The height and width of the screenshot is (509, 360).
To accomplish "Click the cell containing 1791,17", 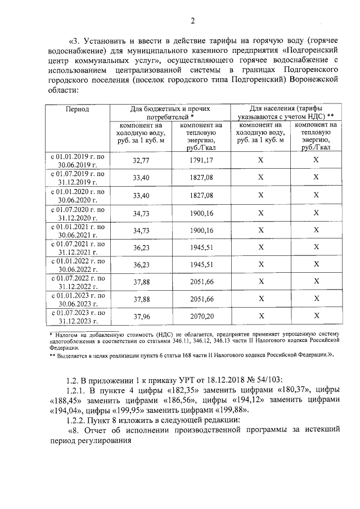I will click(202, 160).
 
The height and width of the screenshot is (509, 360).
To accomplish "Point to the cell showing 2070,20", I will click(202, 317).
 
